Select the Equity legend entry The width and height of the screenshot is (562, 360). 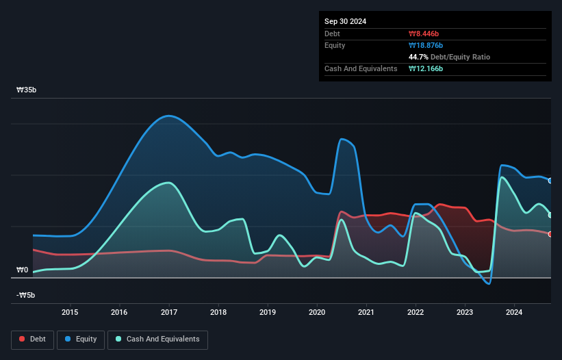click(x=81, y=339)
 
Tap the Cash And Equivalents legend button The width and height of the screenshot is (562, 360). click(x=157, y=339)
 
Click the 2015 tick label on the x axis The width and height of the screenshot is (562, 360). click(x=70, y=313)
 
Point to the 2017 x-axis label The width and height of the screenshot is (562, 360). click(x=169, y=313)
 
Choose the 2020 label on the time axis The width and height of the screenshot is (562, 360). click(x=317, y=313)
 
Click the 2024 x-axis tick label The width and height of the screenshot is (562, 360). click(x=514, y=313)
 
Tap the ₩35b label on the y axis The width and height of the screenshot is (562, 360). click(x=27, y=90)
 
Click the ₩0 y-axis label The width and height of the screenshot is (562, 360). click(x=22, y=270)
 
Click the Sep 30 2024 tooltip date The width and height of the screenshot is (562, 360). click(x=346, y=21)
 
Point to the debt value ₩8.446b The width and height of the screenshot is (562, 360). click(x=425, y=34)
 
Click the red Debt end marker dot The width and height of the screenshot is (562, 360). click(x=550, y=234)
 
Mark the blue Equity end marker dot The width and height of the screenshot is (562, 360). click(x=550, y=181)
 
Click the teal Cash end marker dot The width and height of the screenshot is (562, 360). click(x=550, y=215)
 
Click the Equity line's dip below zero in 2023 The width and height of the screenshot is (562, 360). click(x=488, y=283)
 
